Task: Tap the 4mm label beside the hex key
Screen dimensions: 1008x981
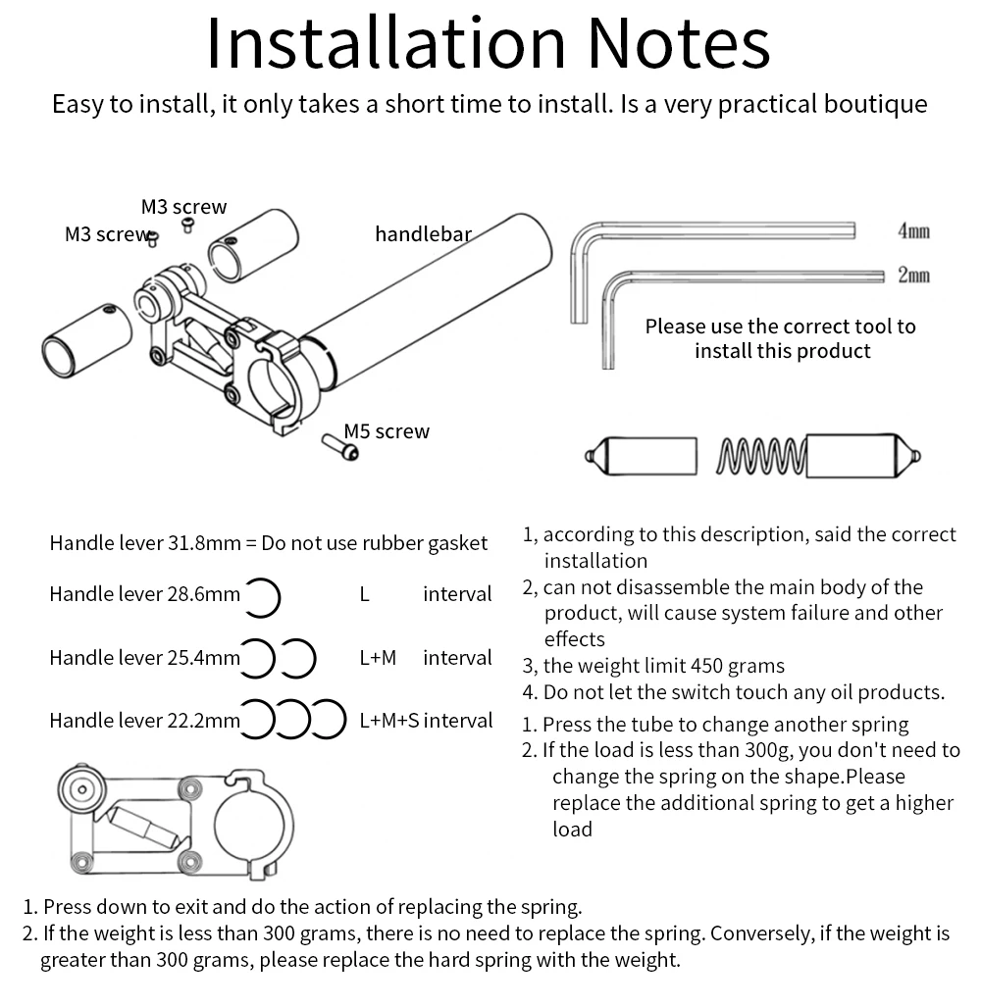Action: [x=912, y=231]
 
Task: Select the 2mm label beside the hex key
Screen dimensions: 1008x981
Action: [x=912, y=276]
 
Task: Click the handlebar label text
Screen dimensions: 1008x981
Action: [x=423, y=234]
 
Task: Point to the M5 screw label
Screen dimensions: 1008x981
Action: [x=387, y=431]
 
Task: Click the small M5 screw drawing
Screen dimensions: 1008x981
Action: [x=339, y=446]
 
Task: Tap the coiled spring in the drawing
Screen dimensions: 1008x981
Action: [x=762, y=456]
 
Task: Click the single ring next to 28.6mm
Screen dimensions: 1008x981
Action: [x=263, y=596]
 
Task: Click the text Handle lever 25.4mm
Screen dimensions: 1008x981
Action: [x=144, y=658]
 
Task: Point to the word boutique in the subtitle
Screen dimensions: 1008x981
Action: [x=873, y=104]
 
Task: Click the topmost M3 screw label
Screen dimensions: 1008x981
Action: [x=183, y=207]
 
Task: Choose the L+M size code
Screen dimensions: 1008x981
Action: [x=378, y=658]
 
